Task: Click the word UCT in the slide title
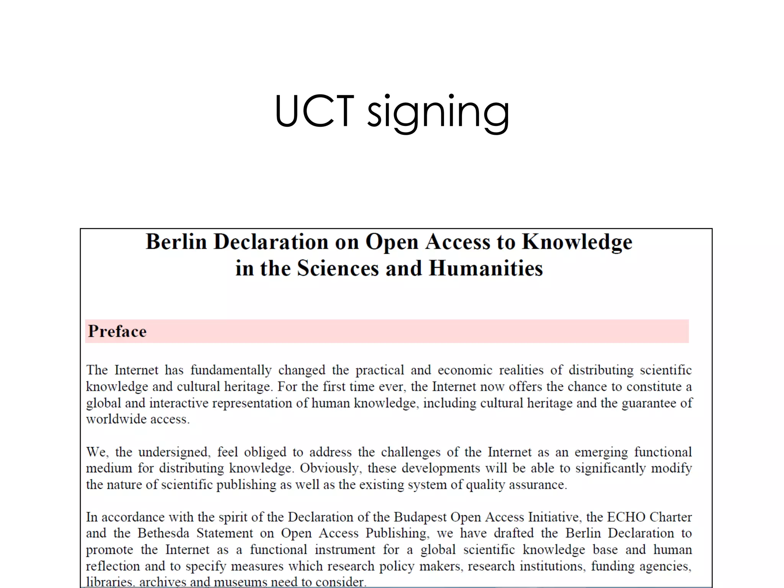[314, 111]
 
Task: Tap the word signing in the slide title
[438, 112]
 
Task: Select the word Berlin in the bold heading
[176, 242]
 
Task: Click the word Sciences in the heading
[338, 268]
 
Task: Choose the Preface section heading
[117, 332]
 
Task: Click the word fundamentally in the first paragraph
[231, 370]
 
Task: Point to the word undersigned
[174, 452]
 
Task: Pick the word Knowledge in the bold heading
[577, 242]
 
